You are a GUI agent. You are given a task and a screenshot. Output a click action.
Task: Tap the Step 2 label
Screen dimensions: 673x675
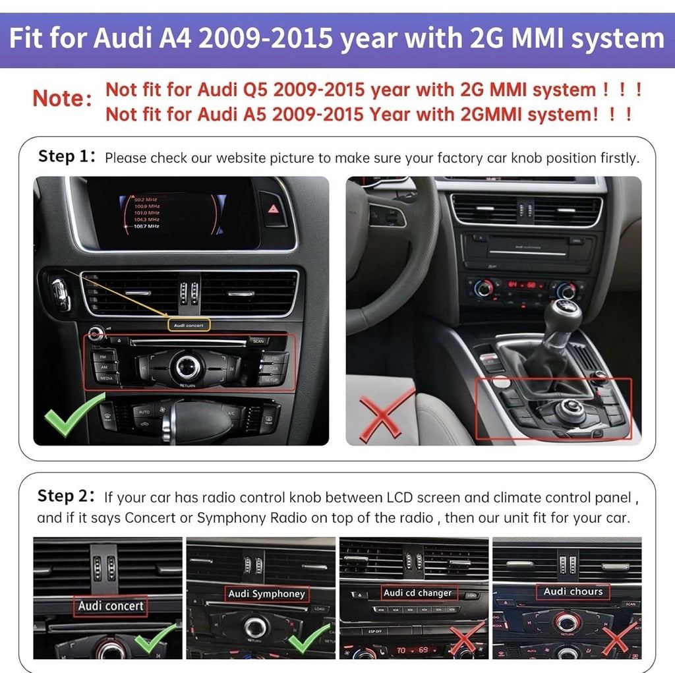(68, 496)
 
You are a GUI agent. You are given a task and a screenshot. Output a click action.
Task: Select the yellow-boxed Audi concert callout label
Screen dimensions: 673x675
(189, 324)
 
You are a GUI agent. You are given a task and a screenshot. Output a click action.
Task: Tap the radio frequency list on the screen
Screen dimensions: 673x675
(146, 212)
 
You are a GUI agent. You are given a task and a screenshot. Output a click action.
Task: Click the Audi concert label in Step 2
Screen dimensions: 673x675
(110, 605)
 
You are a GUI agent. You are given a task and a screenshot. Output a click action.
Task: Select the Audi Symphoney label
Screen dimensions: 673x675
(266, 594)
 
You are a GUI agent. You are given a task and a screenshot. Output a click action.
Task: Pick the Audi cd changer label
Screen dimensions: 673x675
(417, 593)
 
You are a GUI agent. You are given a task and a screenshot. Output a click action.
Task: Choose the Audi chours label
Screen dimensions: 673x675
(572, 591)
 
